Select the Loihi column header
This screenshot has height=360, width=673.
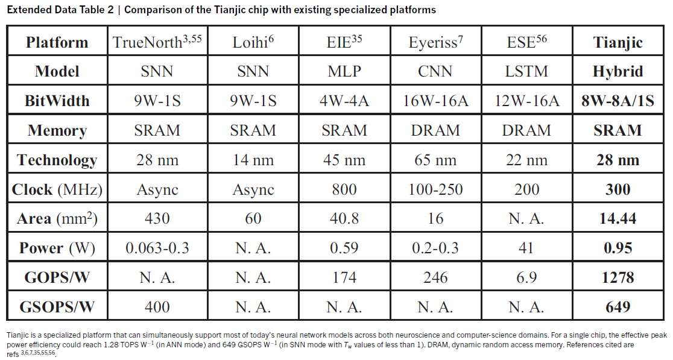[253, 42]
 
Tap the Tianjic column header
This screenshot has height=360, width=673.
[618, 42]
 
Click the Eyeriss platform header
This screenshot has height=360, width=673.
[435, 42]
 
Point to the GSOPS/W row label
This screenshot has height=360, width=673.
[57, 306]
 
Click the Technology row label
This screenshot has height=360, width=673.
[57, 160]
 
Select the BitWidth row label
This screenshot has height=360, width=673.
[57, 101]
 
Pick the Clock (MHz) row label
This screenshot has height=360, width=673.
[57, 189]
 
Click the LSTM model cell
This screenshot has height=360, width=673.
[526, 71]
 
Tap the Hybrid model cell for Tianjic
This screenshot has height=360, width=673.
[618, 71]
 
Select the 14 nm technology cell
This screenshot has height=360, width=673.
[253, 160]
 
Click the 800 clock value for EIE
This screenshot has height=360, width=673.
[344, 189]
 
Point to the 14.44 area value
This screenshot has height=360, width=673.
[618, 218]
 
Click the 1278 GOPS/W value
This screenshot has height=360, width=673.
[618, 277]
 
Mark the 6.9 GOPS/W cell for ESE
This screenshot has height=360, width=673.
[526, 277]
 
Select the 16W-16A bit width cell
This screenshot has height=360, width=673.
[435, 101]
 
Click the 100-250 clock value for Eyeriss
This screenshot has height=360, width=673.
[435, 189]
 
